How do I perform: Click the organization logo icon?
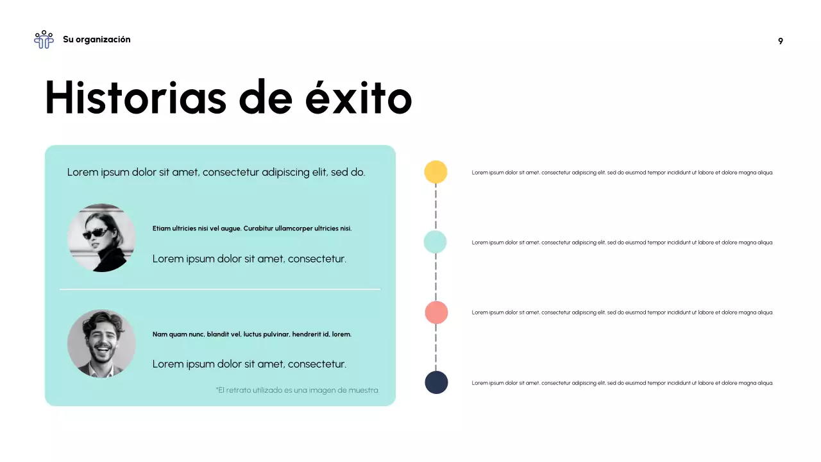[x=44, y=40]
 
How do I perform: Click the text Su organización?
[x=96, y=40]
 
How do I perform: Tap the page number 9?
[x=781, y=41]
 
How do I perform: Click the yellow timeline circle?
[x=436, y=172]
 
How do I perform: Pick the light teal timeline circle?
[x=436, y=242]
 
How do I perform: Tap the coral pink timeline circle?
[x=436, y=312]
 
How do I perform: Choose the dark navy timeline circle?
[x=436, y=382]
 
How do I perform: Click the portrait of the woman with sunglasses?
[x=101, y=238]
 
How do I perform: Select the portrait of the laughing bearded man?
[x=101, y=343]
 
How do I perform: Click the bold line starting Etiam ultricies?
[x=252, y=228]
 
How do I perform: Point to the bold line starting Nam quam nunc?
[x=252, y=334]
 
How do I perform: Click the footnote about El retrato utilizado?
[x=298, y=390]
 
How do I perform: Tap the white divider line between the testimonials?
[x=220, y=289]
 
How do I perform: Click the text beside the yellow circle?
[x=622, y=173]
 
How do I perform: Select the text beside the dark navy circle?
[x=622, y=383]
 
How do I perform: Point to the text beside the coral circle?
[x=622, y=312]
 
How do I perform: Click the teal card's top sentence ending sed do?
[x=216, y=172]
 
